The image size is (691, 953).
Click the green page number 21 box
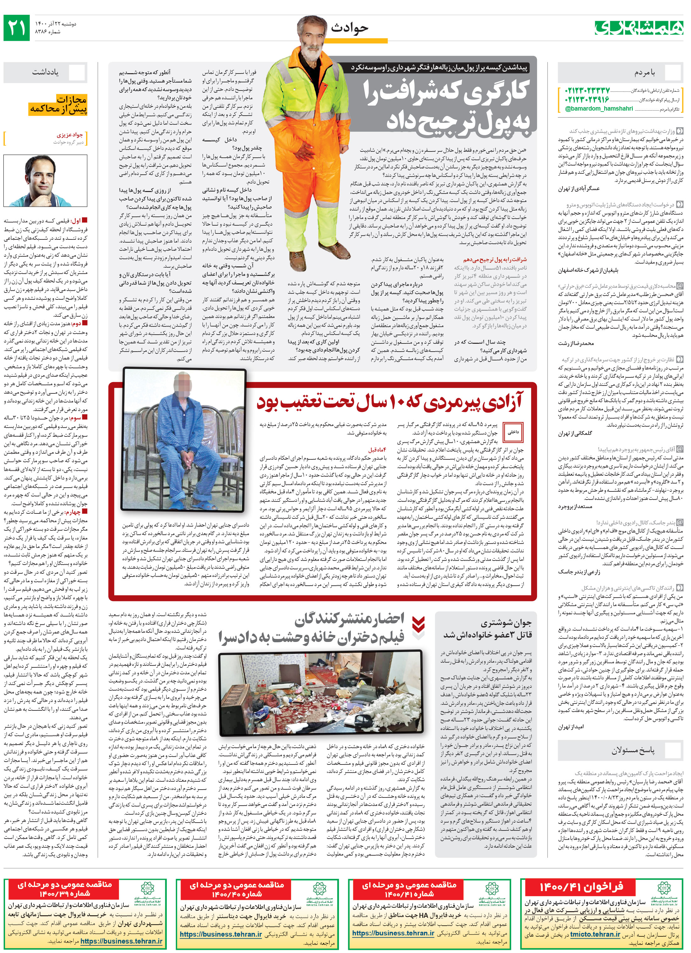(x=16, y=27)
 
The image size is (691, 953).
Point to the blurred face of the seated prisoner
(x=183, y=382)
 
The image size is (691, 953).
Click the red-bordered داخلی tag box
(x=513, y=431)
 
